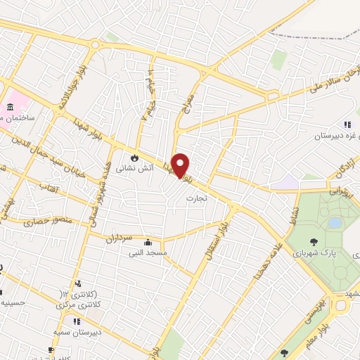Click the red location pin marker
(x=181, y=164)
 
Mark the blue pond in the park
(x=335, y=222)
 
